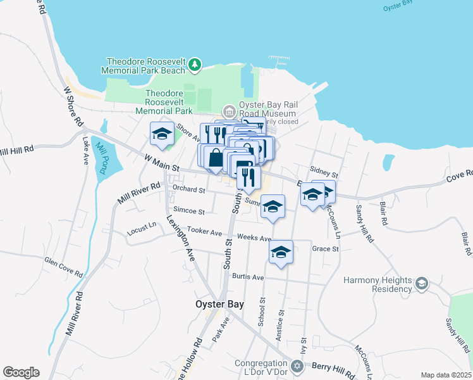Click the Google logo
(x=21, y=372)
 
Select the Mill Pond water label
(x=102, y=157)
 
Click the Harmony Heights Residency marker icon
(x=422, y=282)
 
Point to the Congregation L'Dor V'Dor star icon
(x=297, y=365)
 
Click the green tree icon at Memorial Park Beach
(x=195, y=64)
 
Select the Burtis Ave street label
(x=247, y=277)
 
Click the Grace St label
(x=326, y=249)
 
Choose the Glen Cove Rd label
(x=63, y=267)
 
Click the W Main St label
(x=162, y=163)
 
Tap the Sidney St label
(x=324, y=172)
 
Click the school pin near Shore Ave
(x=162, y=134)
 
